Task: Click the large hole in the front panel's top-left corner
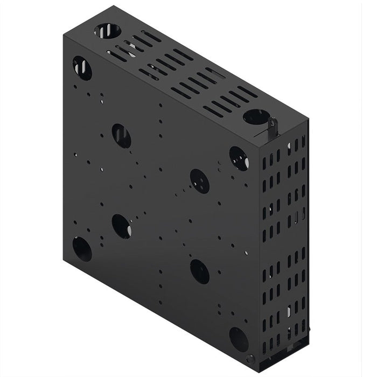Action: point(82,68)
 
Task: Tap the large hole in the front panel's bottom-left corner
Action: point(82,249)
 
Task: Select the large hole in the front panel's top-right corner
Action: point(239,158)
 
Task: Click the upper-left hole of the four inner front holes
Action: point(121,136)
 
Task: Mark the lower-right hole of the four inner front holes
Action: point(199,271)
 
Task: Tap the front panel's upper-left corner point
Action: point(64,37)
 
